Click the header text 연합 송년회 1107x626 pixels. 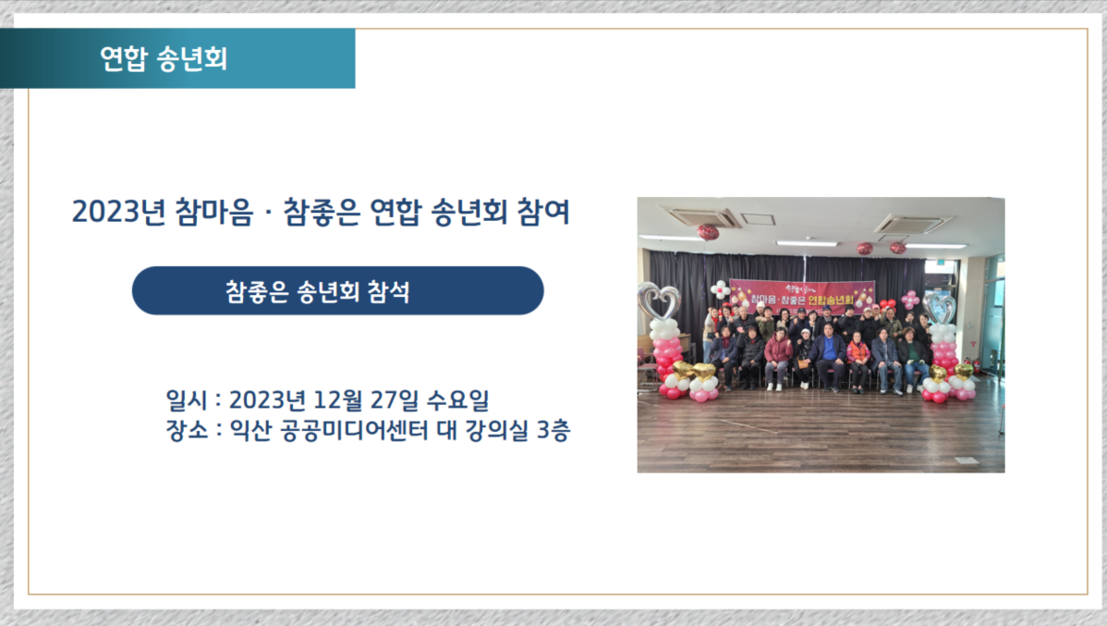(x=163, y=58)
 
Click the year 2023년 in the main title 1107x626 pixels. (x=118, y=212)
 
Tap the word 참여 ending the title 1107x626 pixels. (x=543, y=212)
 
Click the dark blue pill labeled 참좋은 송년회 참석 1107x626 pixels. (x=337, y=290)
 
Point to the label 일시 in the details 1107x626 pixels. (x=187, y=399)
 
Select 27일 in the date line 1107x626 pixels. (x=394, y=399)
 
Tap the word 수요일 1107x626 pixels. (x=457, y=399)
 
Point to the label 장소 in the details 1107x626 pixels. (x=187, y=430)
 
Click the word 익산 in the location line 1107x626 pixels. (x=250, y=430)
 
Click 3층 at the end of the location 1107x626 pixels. (x=553, y=430)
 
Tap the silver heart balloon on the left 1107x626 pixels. (x=659, y=301)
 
